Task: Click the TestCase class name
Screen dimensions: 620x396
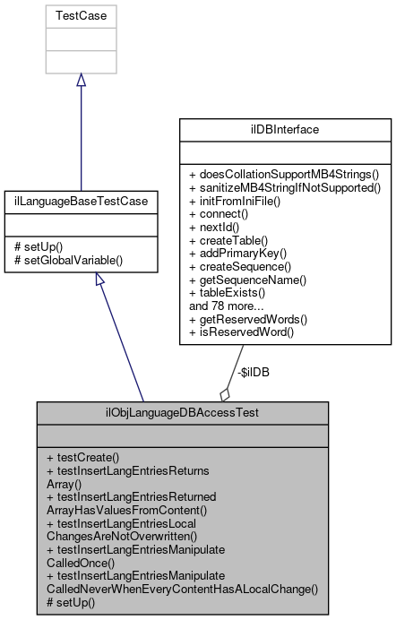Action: (81, 15)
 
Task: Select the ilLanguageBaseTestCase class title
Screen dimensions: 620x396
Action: (81, 202)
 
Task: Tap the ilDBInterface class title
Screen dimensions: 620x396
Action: (286, 129)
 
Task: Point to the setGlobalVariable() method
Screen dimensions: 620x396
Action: (68, 260)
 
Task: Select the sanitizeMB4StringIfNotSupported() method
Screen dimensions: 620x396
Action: (285, 187)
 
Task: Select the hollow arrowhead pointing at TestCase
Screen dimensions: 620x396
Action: (81, 80)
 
